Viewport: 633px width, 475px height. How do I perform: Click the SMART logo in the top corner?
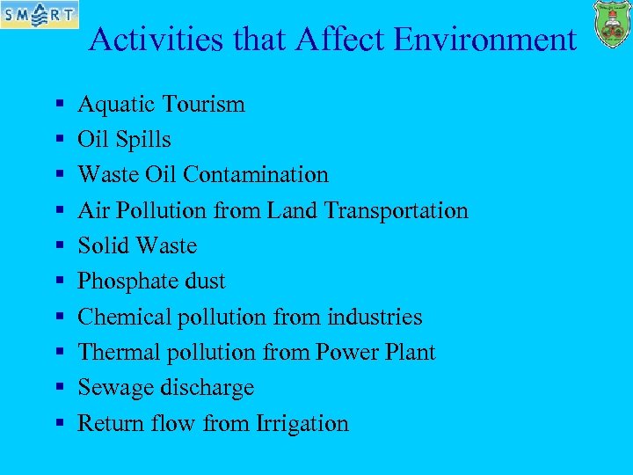click(x=40, y=14)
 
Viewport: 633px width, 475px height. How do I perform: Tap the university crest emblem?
click(x=612, y=25)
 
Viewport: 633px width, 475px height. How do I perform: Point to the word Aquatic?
click(x=113, y=105)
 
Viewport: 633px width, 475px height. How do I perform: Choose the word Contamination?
click(x=256, y=175)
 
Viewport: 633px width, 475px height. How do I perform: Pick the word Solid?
click(x=102, y=246)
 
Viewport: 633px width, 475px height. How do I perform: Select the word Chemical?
click(x=124, y=317)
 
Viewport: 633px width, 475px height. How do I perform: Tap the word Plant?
click(x=410, y=352)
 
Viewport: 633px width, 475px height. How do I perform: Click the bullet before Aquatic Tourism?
click(x=58, y=105)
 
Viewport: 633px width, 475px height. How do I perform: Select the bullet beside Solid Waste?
click(x=58, y=246)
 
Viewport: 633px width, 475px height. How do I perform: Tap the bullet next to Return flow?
click(x=58, y=423)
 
